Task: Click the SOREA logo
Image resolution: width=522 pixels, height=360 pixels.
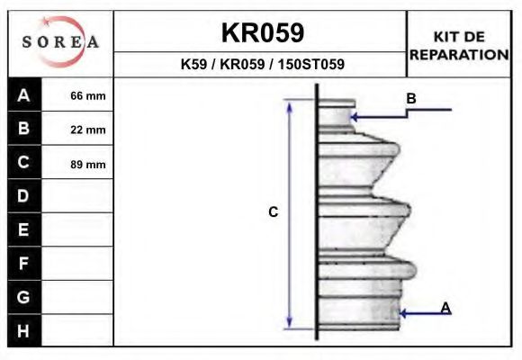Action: click(60, 41)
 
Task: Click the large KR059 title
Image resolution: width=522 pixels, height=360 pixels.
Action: click(263, 32)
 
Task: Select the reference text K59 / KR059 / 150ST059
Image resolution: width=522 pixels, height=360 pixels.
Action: click(262, 64)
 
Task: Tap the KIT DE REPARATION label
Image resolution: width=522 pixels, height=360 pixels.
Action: click(459, 46)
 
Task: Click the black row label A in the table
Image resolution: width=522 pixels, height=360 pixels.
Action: click(24, 94)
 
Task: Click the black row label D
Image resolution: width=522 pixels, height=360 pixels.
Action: click(24, 196)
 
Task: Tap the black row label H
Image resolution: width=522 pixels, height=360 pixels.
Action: click(24, 330)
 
